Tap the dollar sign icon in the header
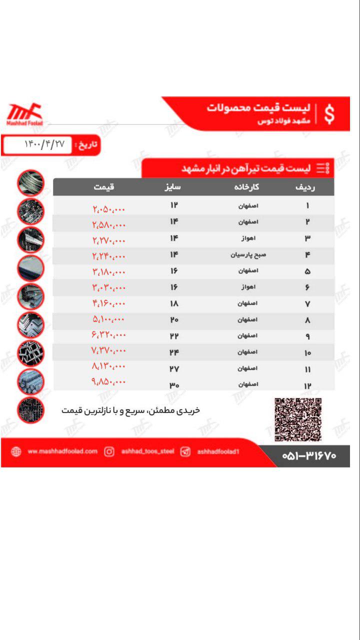[x=329, y=114]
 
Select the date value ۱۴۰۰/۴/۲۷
[x=44, y=144]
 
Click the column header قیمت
[x=104, y=187]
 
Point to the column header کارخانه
[x=247, y=187]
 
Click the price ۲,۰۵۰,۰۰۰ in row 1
[x=108, y=209]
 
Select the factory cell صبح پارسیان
[x=248, y=254]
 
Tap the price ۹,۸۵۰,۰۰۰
[x=108, y=382]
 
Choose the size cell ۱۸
[x=173, y=303]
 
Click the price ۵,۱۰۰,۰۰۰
[x=108, y=319]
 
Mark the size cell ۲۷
[x=173, y=369]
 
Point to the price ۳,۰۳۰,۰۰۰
[x=108, y=287]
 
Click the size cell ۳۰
[x=173, y=385]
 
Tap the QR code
[x=298, y=419]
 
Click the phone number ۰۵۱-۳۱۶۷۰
[x=309, y=455]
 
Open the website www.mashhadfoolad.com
[x=62, y=451]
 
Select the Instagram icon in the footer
[x=109, y=451]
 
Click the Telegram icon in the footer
[x=185, y=451]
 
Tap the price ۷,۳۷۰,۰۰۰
[x=108, y=350]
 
